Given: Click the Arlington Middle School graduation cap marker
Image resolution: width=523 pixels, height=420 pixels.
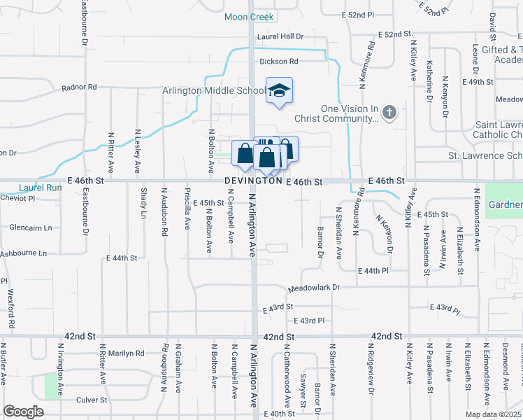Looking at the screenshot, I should (x=279, y=90).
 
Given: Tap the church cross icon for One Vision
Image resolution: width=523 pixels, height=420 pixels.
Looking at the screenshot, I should (x=390, y=111).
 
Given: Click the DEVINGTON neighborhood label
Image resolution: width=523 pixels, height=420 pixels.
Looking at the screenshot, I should (x=253, y=181).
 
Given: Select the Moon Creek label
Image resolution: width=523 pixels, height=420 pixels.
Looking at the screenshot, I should (x=250, y=16).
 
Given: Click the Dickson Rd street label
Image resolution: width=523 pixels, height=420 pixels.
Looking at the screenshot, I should (x=279, y=61).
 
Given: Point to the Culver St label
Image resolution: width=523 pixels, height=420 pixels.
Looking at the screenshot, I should (x=92, y=400).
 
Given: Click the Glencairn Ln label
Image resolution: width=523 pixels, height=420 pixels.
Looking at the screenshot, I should (x=31, y=227).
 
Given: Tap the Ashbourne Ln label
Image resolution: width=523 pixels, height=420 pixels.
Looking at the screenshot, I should (x=23, y=253).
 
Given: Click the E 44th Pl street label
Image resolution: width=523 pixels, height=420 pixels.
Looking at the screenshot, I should (x=372, y=270).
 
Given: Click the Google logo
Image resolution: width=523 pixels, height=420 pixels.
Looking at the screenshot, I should (x=23, y=412).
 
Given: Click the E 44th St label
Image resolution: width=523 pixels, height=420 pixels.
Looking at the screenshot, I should (x=122, y=258).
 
